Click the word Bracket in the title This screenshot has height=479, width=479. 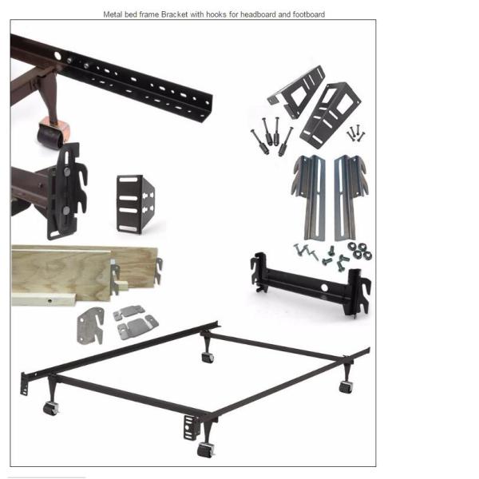[x=189, y=14]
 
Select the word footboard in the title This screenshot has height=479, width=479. [x=308, y=14]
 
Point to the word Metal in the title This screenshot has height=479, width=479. [x=114, y=14]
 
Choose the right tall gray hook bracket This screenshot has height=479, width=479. [x=352, y=196]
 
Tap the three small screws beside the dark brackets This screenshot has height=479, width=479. [x=356, y=131]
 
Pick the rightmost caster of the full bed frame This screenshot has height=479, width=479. [x=345, y=386]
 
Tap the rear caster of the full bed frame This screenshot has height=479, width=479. [x=208, y=355]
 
